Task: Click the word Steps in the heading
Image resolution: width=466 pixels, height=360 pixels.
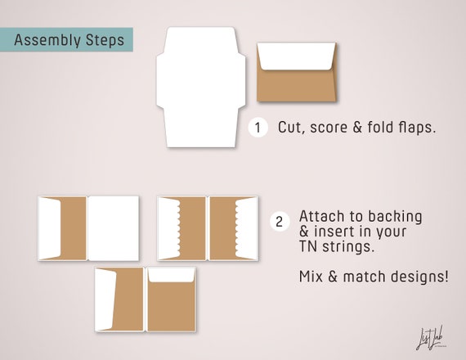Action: pos(105,40)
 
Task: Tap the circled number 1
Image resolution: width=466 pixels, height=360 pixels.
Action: pos(258,128)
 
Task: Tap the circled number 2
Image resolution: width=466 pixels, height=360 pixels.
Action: pos(280,222)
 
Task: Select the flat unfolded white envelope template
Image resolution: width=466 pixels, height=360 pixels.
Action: pos(201,87)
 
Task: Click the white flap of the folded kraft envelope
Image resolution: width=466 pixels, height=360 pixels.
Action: pos(296,56)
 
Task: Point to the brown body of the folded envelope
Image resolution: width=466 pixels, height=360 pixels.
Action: pos(296,86)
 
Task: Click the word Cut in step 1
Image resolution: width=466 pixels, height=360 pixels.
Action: pos(291,128)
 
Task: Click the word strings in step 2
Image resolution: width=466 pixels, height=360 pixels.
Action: pos(348,247)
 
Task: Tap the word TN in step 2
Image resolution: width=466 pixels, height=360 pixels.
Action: pos(309,246)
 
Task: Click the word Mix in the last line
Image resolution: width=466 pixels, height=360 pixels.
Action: pos(311,277)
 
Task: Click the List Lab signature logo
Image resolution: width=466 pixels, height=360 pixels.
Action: pos(429,338)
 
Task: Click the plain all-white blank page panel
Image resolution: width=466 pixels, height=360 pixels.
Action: pos(114,228)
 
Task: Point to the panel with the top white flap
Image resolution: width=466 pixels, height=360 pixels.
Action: pos(172,299)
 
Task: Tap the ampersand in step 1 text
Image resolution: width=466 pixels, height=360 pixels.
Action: pos(357,128)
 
